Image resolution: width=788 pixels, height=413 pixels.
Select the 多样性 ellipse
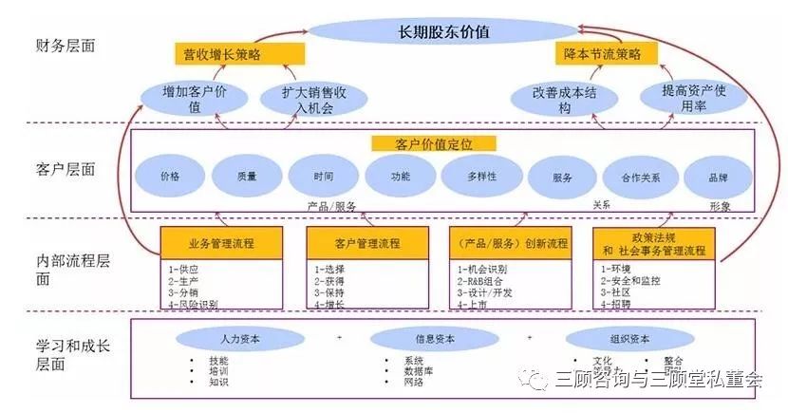click(x=481, y=177)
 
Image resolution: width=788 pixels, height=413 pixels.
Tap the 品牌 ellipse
click(x=718, y=177)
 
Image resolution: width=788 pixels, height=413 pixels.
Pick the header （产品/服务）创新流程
click(x=511, y=243)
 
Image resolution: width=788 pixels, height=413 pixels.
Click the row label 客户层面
click(x=66, y=169)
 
